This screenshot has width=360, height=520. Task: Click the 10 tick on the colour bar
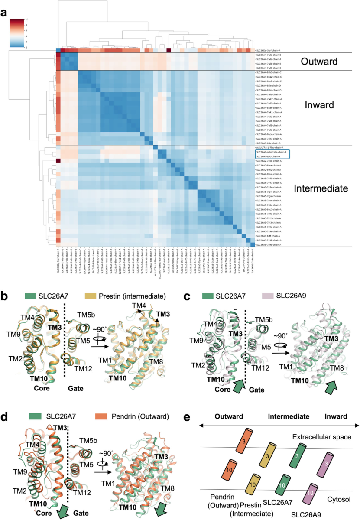coord(27,19)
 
